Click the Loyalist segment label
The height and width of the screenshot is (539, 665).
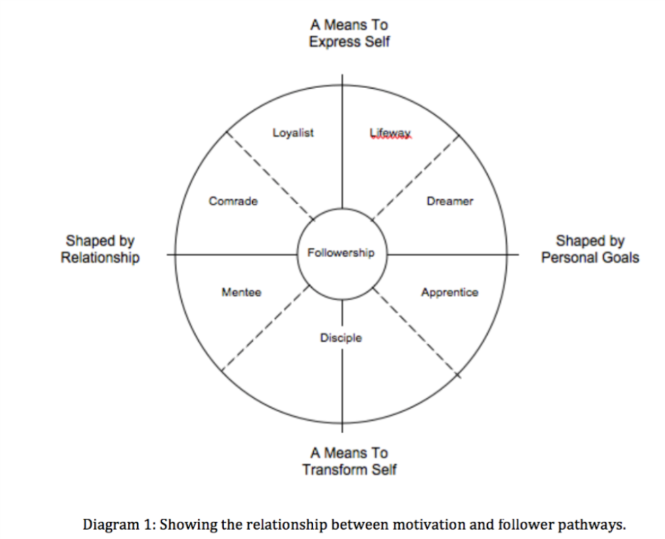pos(293,133)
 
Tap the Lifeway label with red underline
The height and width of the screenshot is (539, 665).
pos(390,133)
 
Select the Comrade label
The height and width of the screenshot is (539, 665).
pos(233,201)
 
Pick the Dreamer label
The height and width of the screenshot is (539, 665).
pos(450,201)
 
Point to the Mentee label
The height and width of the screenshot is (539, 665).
pos(241,293)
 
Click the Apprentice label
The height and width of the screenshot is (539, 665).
pos(450,293)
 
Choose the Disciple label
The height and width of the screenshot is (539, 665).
pos(341,338)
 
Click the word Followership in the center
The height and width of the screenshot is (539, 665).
pos(341,252)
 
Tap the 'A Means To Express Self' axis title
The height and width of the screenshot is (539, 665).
pos(349,34)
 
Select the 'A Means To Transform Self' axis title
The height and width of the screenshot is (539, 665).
pos(349,461)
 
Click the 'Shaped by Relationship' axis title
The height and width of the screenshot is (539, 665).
pos(100,249)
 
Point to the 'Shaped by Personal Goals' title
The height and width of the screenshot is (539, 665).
pos(590,249)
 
